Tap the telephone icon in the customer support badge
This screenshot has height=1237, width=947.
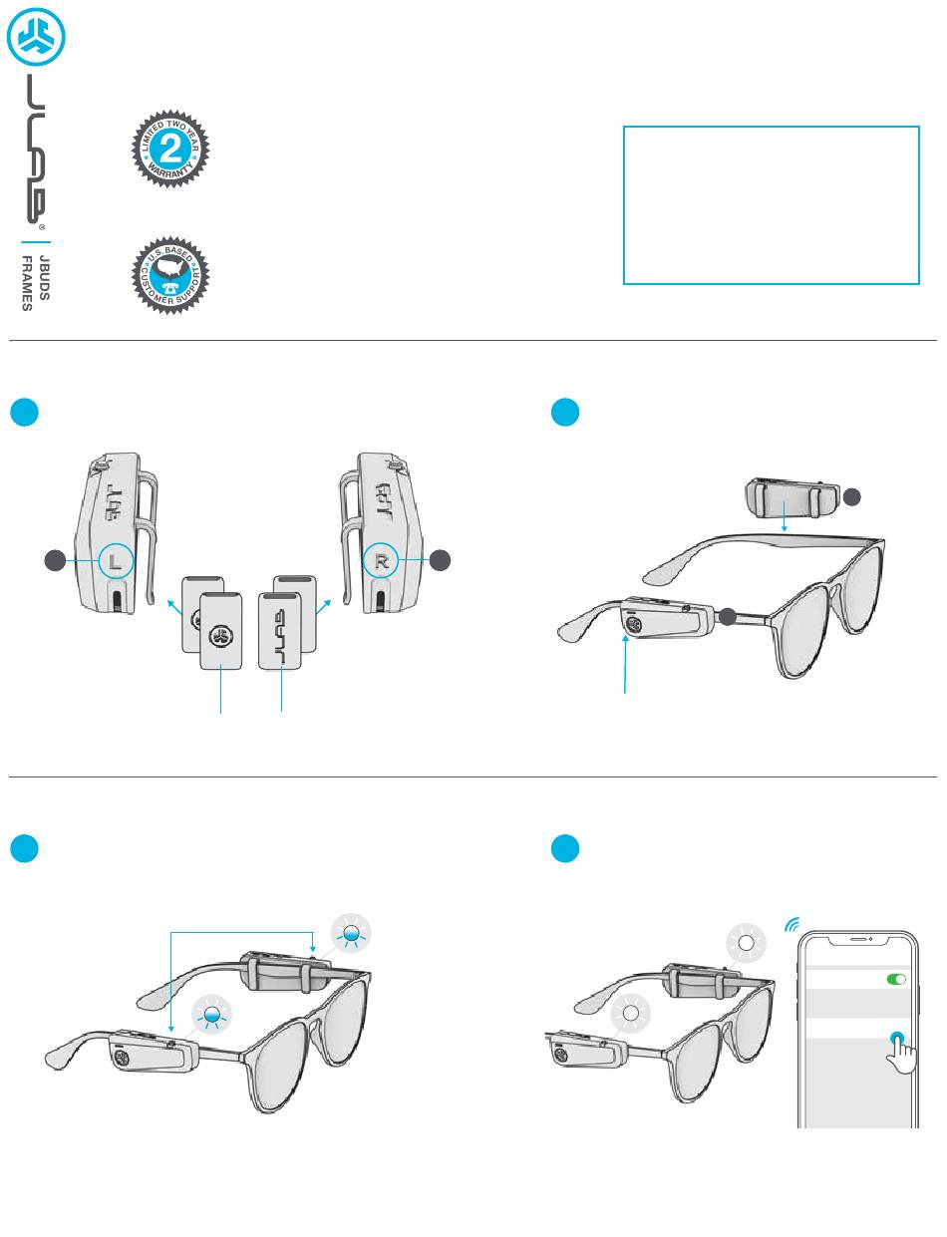(x=171, y=281)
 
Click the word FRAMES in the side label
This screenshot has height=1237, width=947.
(x=28, y=283)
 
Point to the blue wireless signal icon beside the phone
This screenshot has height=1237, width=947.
(x=792, y=924)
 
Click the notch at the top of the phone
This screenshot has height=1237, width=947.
(x=858, y=940)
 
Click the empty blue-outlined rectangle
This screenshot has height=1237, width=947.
(x=771, y=205)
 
